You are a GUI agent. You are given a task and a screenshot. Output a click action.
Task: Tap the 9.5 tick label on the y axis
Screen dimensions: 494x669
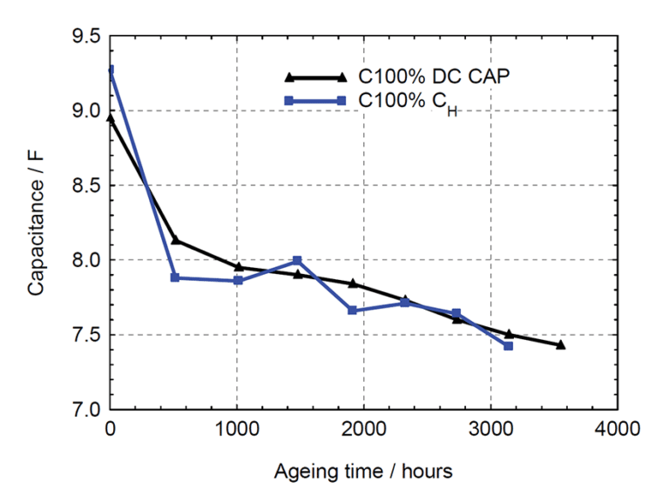click(85, 37)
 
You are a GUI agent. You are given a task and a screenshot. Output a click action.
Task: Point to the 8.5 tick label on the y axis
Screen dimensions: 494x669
click(85, 186)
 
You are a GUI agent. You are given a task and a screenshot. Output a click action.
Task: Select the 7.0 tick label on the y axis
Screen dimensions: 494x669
click(85, 410)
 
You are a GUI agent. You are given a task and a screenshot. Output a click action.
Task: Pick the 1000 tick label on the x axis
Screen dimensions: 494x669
click(237, 429)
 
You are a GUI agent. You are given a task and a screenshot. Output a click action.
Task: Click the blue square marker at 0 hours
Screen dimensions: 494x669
click(111, 70)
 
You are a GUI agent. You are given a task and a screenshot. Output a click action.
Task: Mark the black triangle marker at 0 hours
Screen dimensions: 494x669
click(111, 117)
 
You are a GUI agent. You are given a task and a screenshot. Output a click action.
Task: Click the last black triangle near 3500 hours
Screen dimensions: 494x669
click(560, 344)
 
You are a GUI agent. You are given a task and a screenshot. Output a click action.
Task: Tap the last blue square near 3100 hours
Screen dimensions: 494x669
click(508, 346)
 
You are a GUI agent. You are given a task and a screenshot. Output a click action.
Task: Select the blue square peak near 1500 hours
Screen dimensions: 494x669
click(297, 260)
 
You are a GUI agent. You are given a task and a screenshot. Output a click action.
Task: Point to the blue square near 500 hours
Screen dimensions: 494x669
click(175, 277)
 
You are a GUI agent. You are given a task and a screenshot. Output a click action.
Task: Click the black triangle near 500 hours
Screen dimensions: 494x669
click(175, 240)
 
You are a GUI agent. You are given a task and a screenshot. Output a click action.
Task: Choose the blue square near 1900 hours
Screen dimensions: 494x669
click(352, 310)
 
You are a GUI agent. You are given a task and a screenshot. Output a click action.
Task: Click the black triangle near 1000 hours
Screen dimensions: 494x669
click(238, 267)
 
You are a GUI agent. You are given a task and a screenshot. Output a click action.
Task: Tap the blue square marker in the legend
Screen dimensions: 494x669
click(341, 102)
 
